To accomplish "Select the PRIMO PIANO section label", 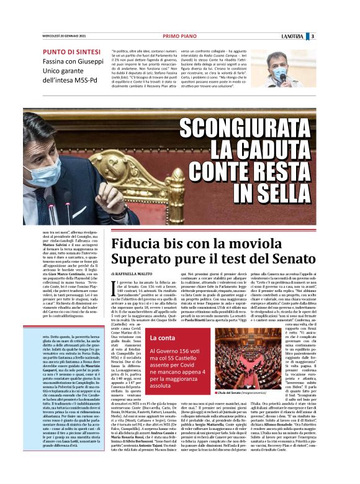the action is pos(180,37).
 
